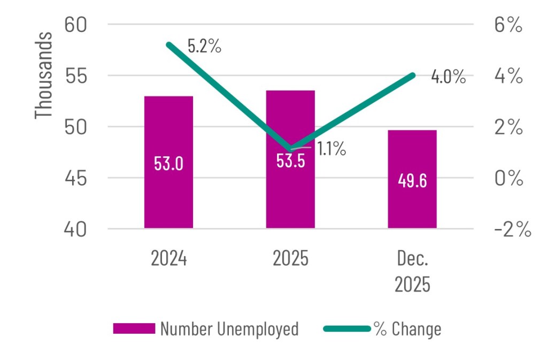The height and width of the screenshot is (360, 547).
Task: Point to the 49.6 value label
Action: [412, 181]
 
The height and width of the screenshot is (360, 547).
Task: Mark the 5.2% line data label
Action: [204, 47]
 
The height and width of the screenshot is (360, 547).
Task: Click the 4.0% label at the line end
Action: [448, 77]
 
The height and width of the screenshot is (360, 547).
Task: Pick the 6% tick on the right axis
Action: [507, 25]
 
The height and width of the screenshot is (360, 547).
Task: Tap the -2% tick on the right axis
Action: [512, 230]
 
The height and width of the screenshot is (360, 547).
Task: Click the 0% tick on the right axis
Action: [507, 179]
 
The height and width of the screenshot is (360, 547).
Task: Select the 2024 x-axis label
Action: [168, 259]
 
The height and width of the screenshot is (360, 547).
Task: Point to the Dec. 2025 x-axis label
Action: [412, 272]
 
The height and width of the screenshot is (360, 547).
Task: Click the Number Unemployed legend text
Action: [229, 329]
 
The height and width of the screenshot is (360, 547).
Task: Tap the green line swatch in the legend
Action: [347, 329]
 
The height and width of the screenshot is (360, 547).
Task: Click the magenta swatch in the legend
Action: [133, 329]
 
